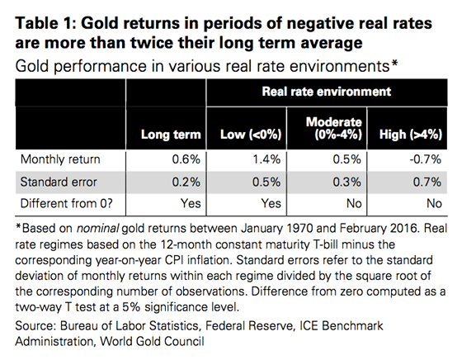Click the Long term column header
tap(171, 135)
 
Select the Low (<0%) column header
tap(251, 135)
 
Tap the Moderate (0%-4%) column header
tap(334, 128)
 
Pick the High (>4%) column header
tap(411, 135)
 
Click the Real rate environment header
tap(327, 92)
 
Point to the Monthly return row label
tap(60, 159)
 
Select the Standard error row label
tap(59, 182)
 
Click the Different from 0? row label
tap(67, 204)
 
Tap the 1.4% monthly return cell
tap(266, 159)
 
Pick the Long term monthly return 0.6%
tap(186, 159)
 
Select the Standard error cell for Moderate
tap(346, 182)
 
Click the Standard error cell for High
tap(427, 182)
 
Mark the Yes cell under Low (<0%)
tap(271, 204)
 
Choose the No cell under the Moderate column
tap(354, 204)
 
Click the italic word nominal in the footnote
tap(98, 229)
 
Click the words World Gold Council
tap(152, 342)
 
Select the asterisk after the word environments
tap(394, 64)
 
